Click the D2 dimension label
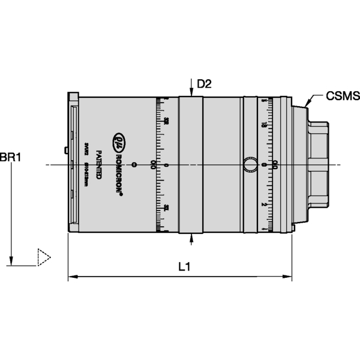(205, 84)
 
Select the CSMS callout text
(342, 95)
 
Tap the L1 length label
(185, 268)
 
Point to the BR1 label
(11, 158)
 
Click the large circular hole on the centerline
(250, 164)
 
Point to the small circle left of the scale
(134, 164)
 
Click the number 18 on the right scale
(263, 125)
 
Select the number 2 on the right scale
(263, 204)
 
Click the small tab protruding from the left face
(65, 150)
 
